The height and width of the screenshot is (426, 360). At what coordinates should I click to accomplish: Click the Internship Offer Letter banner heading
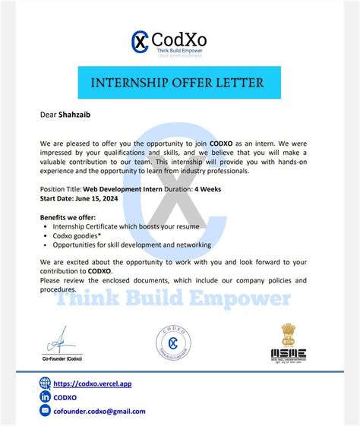click(x=179, y=82)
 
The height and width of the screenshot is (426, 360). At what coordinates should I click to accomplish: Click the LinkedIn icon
click(x=45, y=397)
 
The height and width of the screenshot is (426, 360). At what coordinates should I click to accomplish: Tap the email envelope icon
click(x=45, y=412)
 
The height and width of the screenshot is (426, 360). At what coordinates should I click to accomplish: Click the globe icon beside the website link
click(x=45, y=383)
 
